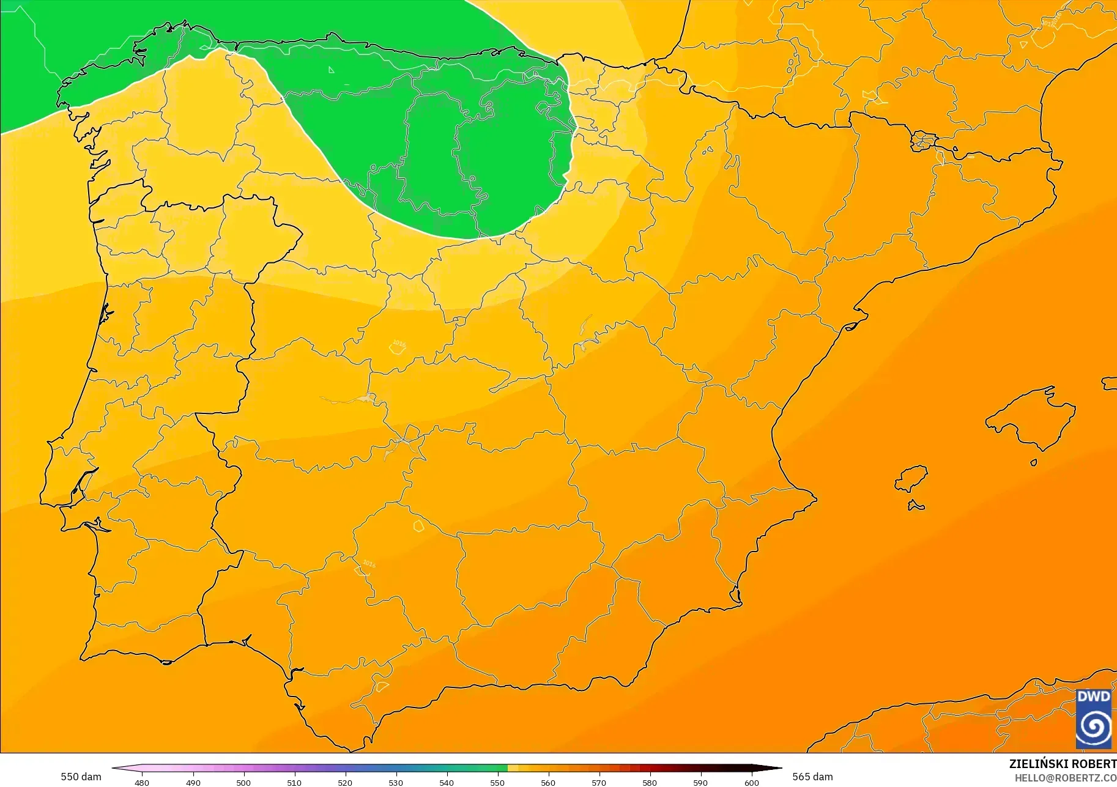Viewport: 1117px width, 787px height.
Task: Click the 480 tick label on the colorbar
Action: (142, 783)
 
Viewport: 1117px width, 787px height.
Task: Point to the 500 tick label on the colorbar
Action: (243, 783)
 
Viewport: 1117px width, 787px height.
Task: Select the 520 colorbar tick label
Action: (345, 783)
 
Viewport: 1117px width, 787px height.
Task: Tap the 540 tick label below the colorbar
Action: (447, 783)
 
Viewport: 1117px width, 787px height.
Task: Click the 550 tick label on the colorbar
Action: (497, 783)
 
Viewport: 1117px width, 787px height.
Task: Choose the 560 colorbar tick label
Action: (548, 783)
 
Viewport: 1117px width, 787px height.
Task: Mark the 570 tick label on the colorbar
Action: (599, 783)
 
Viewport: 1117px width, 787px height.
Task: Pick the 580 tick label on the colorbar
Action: (650, 783)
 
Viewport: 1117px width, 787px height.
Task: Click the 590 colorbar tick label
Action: (700, 783)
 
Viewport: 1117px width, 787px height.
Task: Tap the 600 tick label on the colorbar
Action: (751, 783)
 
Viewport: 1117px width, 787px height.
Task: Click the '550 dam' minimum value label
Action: (81, 777)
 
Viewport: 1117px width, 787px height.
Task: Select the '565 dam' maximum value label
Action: (812, 777)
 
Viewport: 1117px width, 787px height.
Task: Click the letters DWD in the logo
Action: (1094, 697)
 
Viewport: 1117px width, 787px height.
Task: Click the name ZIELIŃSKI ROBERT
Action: (1063, 764)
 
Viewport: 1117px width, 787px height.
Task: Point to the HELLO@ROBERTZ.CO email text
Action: (1066, 778)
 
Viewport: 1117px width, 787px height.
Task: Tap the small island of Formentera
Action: (916, 505)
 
